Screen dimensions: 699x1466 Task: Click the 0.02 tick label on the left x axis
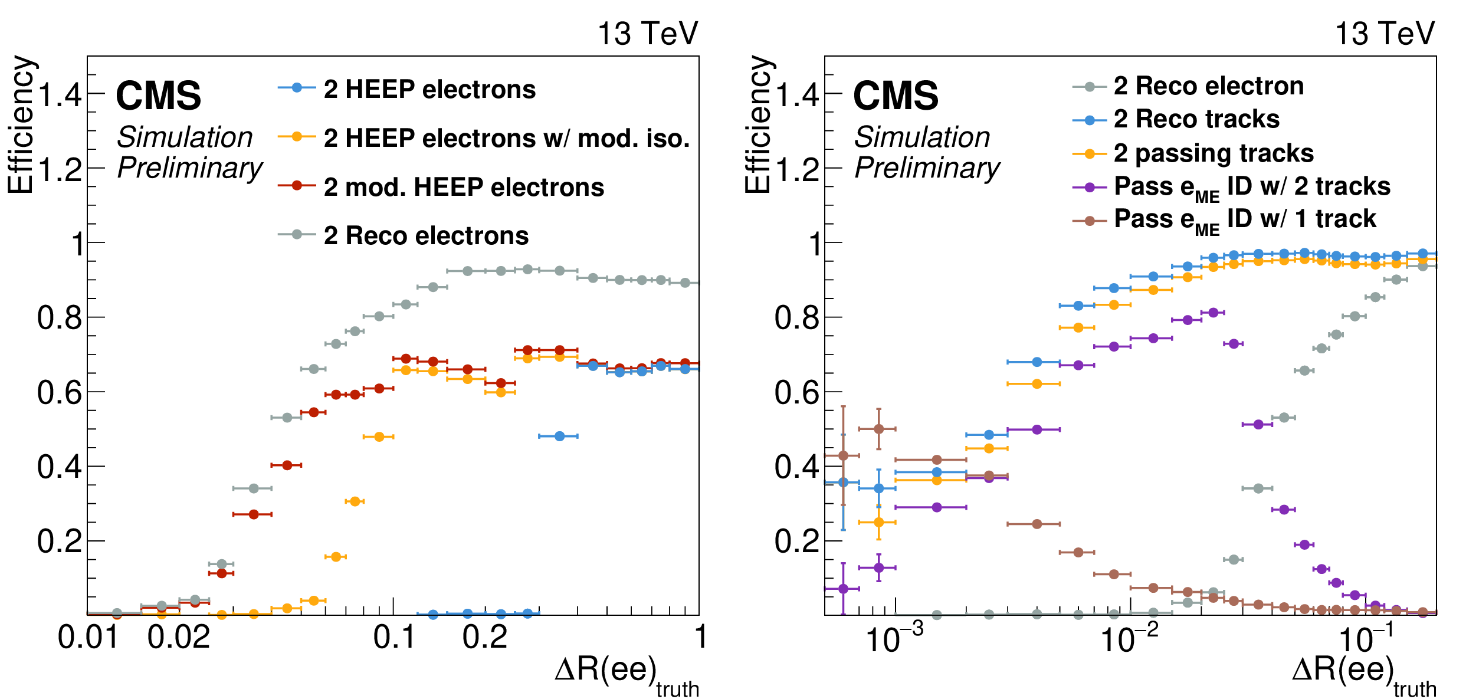179,638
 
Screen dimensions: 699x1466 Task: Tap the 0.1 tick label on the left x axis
393,638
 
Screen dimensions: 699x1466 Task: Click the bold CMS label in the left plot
158,96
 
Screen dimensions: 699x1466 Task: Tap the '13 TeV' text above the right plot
1384,34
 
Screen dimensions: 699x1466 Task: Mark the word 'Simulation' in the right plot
921,137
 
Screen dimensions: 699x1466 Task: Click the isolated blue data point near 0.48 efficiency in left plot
559,436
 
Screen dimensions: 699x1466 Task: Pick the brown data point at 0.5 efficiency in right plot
878,429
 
